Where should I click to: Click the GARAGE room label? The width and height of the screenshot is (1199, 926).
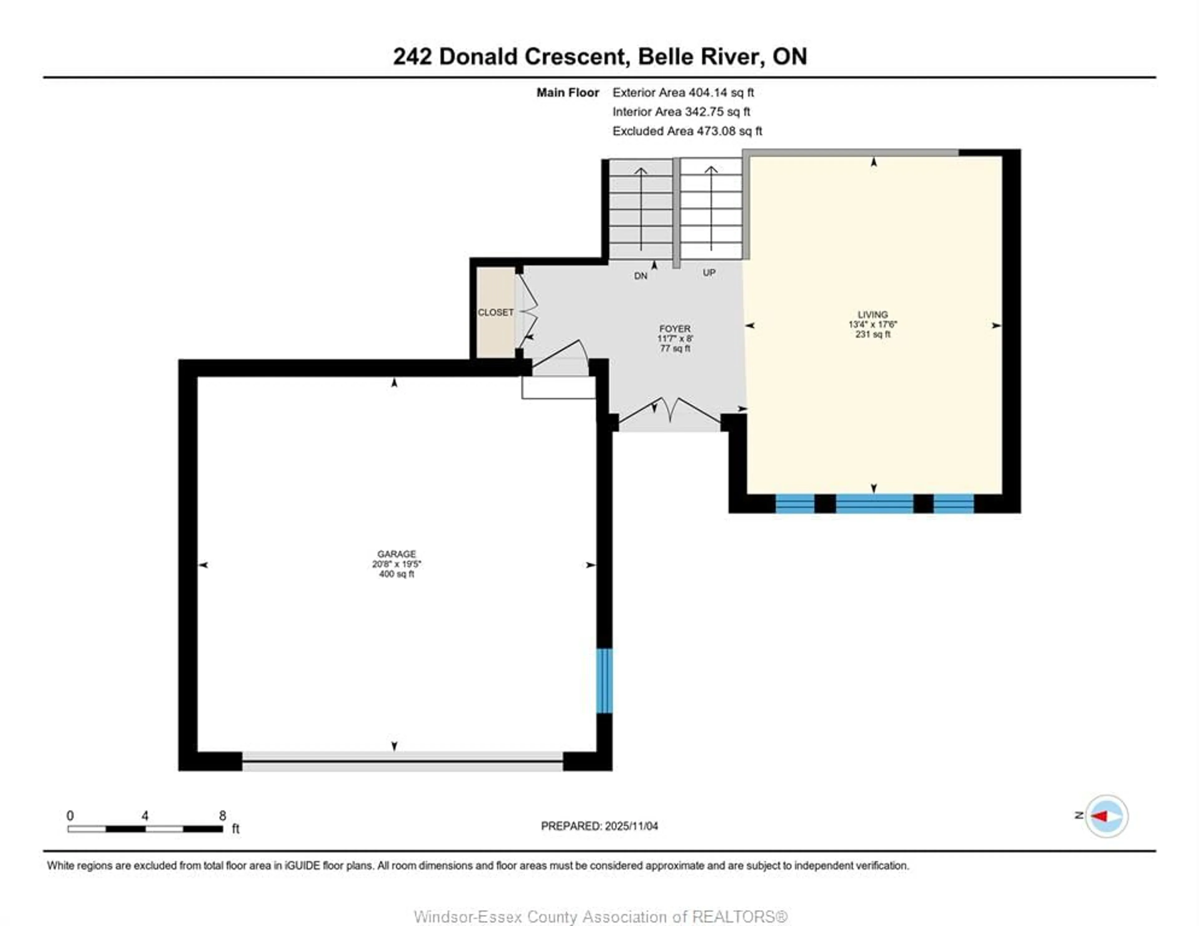tap(396, 554)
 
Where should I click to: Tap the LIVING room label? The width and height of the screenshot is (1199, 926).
tap(872, 315)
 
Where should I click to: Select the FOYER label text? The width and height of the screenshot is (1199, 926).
tap(675, 328)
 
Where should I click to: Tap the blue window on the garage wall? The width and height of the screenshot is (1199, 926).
tap(604, 681)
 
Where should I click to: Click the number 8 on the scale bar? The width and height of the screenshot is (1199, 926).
tap(222, 816)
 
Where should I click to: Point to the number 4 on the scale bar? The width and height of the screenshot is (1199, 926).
tap(145, 816)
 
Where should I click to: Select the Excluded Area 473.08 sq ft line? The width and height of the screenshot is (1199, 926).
tap(687, 131)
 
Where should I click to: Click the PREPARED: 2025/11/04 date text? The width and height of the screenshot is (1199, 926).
tap(599, 826)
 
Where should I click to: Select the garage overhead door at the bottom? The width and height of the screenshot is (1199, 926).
tap(402, 761)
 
